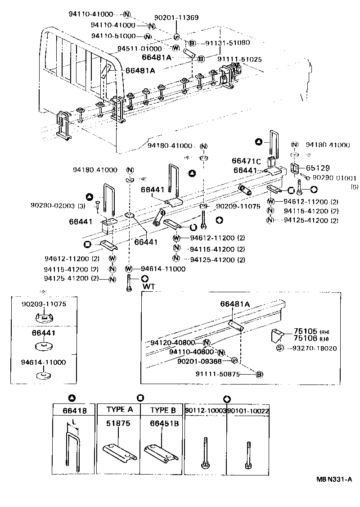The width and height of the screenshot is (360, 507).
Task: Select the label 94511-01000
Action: tap(139, 48)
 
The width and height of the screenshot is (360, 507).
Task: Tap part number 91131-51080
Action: tap(227, 43)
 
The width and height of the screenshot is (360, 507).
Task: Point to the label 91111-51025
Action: tap(239, 59)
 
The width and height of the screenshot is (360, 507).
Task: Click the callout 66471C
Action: tap(246, 161)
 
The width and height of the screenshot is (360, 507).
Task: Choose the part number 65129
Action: tap(316, 167)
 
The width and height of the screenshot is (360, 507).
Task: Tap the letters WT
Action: tap(148, 286)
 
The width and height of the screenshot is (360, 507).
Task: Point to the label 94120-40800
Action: tap(173, 343)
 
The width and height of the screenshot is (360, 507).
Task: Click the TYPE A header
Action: tap(119, 410)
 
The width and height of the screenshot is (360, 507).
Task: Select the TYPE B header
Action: tap(163, 410)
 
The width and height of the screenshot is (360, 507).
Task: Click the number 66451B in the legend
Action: tap(163, 423)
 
